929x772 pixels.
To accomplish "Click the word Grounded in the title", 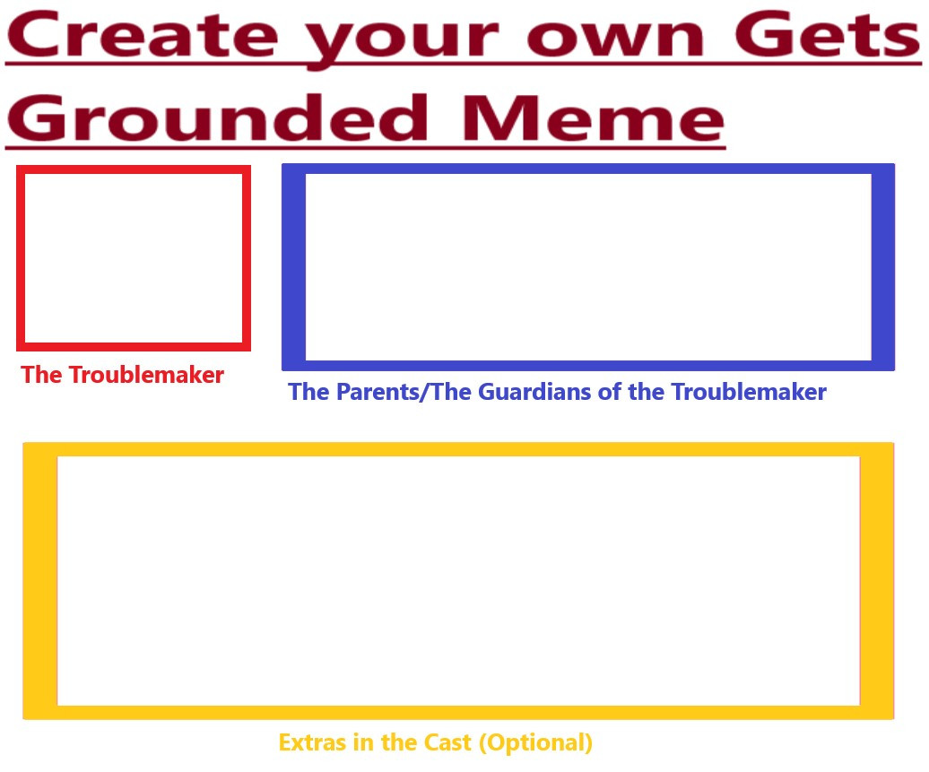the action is click(217, 117).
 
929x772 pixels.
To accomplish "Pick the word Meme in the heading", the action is click(593, 118).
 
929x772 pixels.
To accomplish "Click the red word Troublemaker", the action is click(146, 375).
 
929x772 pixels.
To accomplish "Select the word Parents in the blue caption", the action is click(377, 392).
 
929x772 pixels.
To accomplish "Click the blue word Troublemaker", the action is click(749, 392).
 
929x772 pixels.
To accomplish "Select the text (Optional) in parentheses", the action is click(535, 743).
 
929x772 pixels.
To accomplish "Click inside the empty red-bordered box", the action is click(134, 258).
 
